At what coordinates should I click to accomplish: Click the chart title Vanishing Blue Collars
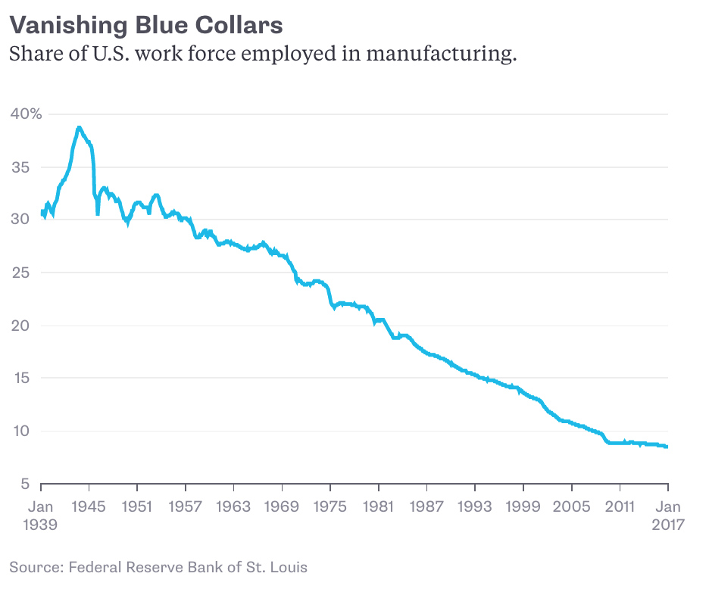click(146, 25)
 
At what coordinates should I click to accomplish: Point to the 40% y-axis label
click(26, 114)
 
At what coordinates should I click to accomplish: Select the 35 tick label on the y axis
click(20, 167)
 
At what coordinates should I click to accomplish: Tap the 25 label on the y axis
click(20, 273)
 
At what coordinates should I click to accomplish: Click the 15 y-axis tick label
click(20, 379)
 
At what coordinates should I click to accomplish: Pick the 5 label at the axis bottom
click(25, 485)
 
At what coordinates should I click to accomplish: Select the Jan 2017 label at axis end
click(668, 515)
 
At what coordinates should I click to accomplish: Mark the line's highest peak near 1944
click(79, 127)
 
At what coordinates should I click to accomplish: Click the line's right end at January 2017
click(667, 447)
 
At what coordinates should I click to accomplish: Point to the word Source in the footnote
click(35, 567)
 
